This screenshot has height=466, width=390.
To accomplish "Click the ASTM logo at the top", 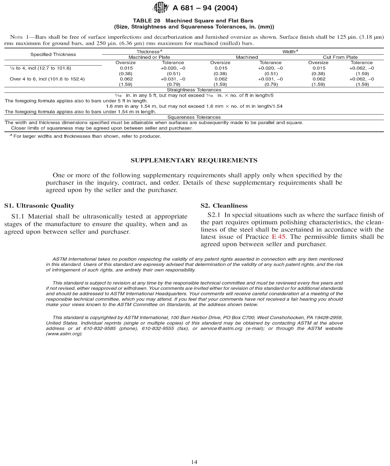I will pos(160,7).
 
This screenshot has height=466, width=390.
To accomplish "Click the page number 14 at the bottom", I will pos(194,462).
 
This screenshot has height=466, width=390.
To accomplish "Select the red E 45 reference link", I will pos(278,237).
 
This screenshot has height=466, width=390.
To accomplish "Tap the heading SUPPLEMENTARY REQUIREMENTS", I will pos(194,160).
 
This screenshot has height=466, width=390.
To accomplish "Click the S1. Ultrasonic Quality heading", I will pos(39,206).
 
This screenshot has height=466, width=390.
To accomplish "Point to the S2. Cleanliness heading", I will pos(224,206).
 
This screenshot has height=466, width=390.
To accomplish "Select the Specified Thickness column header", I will pos(53,54).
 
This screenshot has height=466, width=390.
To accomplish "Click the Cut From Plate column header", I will pos(340,57).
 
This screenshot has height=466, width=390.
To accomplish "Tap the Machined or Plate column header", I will pos(149,57).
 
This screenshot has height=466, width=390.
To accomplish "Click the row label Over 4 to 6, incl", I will pos(47,79).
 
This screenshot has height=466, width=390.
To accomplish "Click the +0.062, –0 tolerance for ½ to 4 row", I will pos(361,68).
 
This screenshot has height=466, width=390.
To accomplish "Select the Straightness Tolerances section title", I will pos(194,90).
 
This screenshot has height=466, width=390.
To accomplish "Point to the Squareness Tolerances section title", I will pos(194,117).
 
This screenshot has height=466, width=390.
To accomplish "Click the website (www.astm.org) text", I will pos(64,334).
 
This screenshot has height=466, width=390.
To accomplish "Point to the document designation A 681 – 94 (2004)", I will pos(205,8).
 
